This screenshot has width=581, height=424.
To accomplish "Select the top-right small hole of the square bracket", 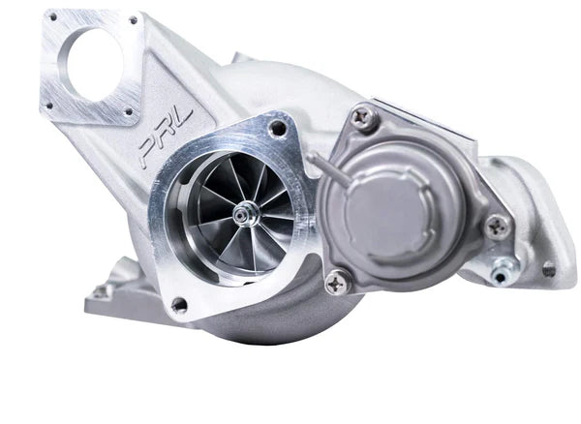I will tap(132, 19).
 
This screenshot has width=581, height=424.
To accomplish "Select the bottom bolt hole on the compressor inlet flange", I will tap(178, 304).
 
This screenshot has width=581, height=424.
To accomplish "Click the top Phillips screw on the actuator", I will tap(364, 118).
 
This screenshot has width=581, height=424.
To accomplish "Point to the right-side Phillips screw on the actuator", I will tap(497, 227).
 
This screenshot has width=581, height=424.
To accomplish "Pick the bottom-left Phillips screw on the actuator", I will tap(338, 283).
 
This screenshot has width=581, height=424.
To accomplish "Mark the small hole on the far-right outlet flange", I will tap(548, 269).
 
